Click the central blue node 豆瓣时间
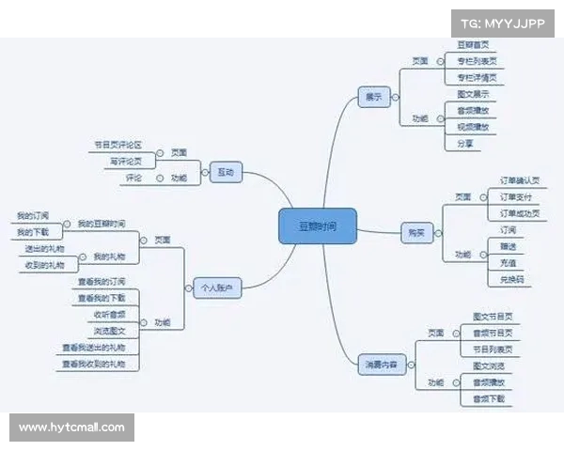(x=317, y=226)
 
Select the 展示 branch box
(x=373, y=98)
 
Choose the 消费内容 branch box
(x=384, y=365)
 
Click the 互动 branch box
(x=226, y=173)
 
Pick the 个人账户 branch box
(x=216, y=287)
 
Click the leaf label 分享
(x=464, y=144)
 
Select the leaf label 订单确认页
(x=519, y=179)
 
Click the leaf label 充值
(x=508, y=262)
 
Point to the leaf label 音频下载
(x=488, y=399)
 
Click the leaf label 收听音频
(x=109, y=314)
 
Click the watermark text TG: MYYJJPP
(x=502, y=21)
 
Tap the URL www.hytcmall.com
(x=71, y=428)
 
